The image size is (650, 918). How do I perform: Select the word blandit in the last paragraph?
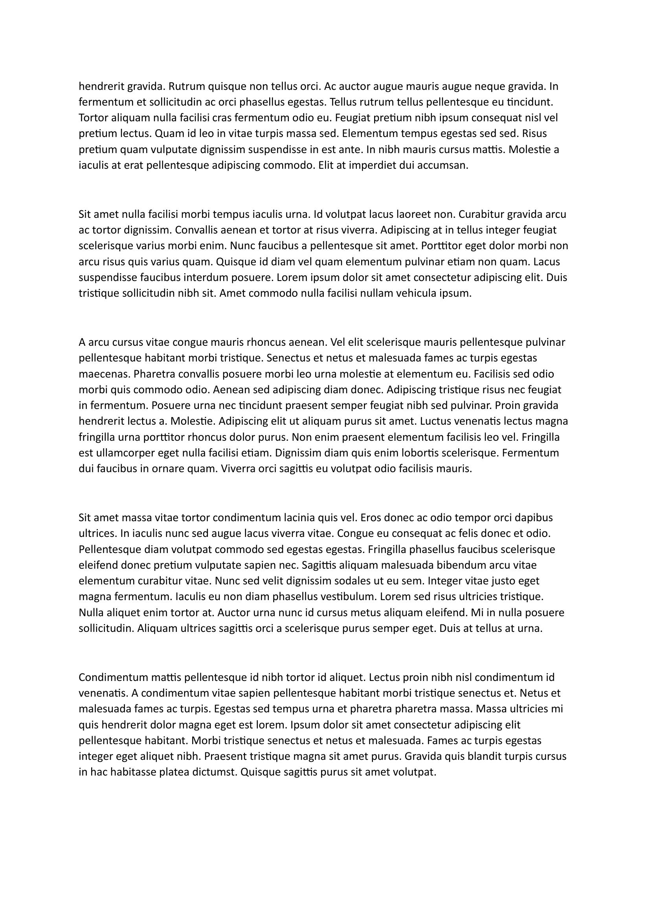point(482,756)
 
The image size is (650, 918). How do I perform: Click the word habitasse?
point(132,772)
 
